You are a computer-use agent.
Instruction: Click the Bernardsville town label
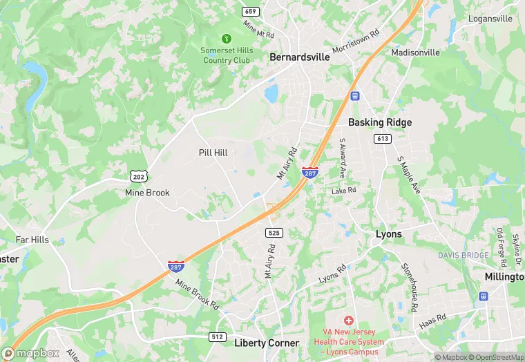tap(299, 57)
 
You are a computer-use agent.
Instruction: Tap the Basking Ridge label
tap(379, 122)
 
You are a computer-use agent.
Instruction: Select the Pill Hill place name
tap(213, 153)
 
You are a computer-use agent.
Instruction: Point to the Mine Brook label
tap(147, 193)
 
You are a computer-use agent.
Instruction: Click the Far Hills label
tap(32, 240)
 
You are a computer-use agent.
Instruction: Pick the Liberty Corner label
tap(267, 343)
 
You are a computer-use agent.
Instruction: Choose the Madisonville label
tap(415, 53)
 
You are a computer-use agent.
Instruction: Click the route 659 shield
tap(249, 12)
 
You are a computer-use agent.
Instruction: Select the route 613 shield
tap(383, 139)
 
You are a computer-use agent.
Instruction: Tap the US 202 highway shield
tap(137, 177)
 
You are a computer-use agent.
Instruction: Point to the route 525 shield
tap(274, 233)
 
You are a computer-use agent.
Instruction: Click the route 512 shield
tap(218, 336)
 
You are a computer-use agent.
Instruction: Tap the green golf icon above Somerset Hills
tap(226, 39)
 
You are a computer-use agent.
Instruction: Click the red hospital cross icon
tap(349, 321)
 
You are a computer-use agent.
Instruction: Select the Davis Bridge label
tap(463, 255)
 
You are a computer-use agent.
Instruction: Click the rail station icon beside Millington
tap(484, 296)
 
